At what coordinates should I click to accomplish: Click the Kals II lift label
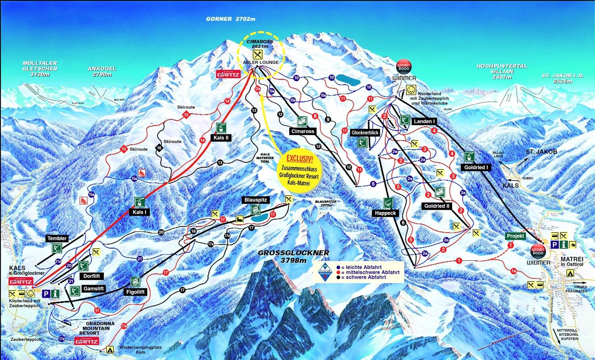point(221,138)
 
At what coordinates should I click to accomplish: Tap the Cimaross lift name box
point(303,132)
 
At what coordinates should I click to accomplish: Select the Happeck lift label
point(385,213)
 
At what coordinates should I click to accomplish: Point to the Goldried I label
point(476,168)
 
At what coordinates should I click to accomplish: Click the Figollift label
point(135,292)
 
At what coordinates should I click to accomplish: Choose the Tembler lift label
point(57,239)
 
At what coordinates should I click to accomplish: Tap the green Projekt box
point(515,236)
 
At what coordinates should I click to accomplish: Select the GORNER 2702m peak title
point(230,19)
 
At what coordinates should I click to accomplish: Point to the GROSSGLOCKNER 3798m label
point(294,257)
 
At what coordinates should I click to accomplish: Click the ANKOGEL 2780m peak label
point(102,71)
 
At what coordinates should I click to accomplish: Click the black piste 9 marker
point(328,119)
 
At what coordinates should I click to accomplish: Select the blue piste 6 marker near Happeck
point(373,184)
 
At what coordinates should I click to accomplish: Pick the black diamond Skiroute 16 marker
point(159,148)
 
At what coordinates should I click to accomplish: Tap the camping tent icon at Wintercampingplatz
point(109,350)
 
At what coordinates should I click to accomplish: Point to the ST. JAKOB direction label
point(541,152)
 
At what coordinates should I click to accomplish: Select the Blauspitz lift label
point(256,200)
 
